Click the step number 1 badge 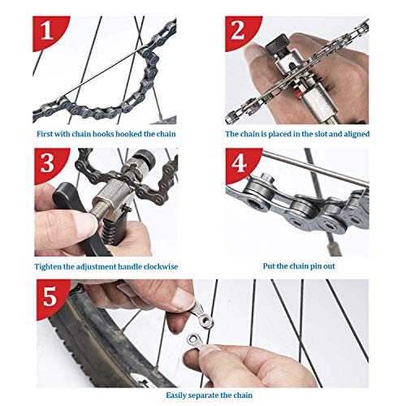click(48, 30)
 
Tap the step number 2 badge click(240, 30)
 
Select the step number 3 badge click(50, 163)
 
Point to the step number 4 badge click(240, 163)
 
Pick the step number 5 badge click(51, 296)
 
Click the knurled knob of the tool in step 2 click(277, 43)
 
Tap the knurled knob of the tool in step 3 click(145, 160)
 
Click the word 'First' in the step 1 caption click(45, 134)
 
